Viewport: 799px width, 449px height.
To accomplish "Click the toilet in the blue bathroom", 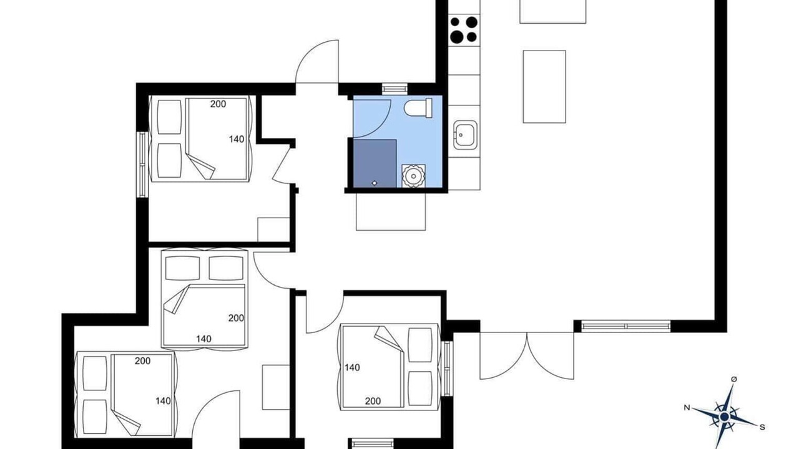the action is pos(418,108).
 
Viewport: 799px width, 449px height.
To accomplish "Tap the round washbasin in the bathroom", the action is pos(413,176).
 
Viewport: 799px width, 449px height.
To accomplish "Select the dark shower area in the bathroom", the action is pos(375,163).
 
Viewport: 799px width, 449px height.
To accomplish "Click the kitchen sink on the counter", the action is pos(465,134).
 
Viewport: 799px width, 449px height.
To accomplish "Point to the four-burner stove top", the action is pos(464,29).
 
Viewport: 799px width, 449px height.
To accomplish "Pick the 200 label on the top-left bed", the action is pos(218,104).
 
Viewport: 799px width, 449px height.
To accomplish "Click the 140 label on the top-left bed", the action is pos(237,139).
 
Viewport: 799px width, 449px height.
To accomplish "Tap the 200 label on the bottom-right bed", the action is pos(373,401).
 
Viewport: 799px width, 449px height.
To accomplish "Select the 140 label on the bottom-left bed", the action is pos(163,401).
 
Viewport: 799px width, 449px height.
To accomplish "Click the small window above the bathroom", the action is pos(395,89).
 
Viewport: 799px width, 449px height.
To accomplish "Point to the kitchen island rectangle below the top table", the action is pos(544,87).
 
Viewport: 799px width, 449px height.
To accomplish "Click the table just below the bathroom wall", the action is pos(391,211).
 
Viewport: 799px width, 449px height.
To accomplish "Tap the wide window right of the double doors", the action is pos(626,326).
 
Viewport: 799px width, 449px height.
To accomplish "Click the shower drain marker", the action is pos(374,183).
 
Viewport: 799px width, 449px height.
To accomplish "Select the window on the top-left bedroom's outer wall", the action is pos(143,164).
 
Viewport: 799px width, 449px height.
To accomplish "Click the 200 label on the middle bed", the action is pos(236,318).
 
